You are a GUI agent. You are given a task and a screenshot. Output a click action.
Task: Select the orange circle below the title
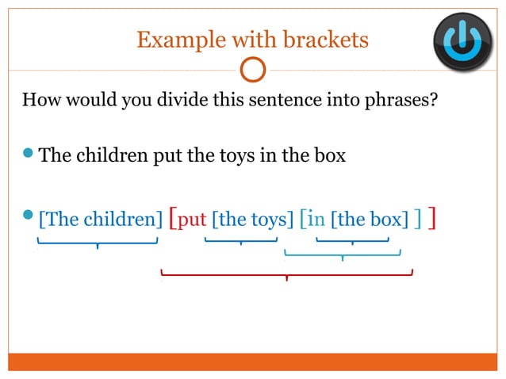click(252, 70)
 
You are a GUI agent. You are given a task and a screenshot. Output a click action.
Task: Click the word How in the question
click(39, 102)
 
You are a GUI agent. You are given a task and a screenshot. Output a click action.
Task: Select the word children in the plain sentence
click(110, 155)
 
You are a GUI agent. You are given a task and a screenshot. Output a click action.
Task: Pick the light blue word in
click(316, 219)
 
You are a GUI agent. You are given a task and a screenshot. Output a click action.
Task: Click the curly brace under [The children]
click(97, 243)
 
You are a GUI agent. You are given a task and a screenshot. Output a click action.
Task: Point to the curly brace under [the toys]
click(240, 240)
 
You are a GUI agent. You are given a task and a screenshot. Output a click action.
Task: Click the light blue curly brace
click(342, 255)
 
